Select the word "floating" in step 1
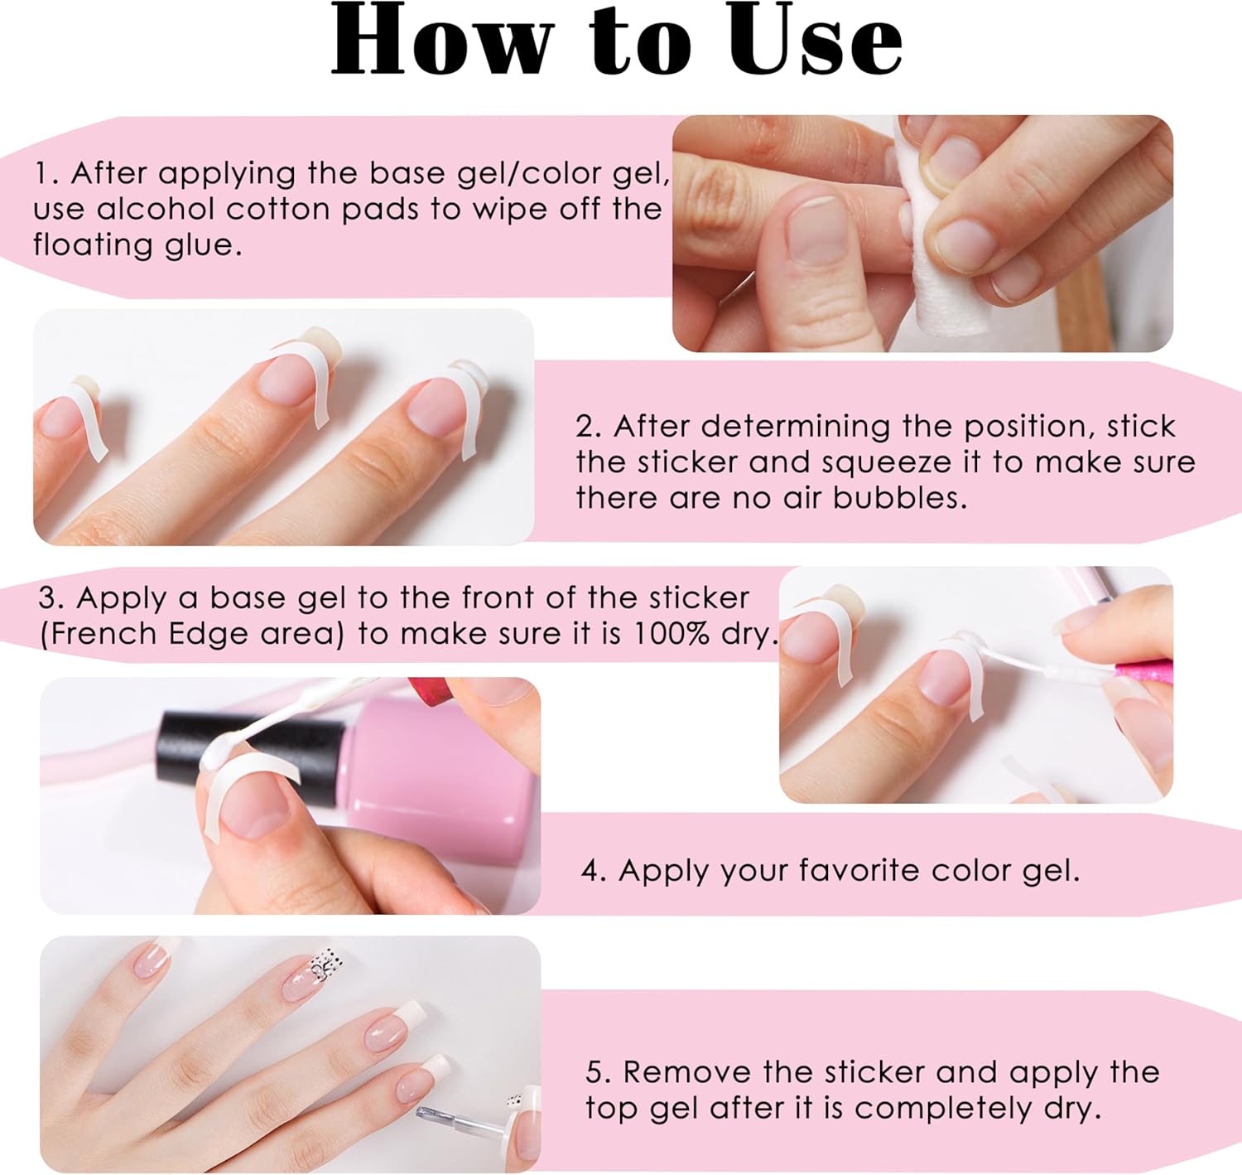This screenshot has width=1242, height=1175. pos(93,246)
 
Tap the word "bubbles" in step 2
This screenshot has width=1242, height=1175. pos(899,498)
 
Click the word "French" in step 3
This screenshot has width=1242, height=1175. pos(103,633)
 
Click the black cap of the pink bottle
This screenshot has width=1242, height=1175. pos(253,749)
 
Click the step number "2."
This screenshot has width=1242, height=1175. pos(589,427)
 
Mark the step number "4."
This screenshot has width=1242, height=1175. pos(594,871)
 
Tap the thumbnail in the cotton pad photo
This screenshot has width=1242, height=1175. pos(817,228)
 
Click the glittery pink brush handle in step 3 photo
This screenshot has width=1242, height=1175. pos(1143,672)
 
